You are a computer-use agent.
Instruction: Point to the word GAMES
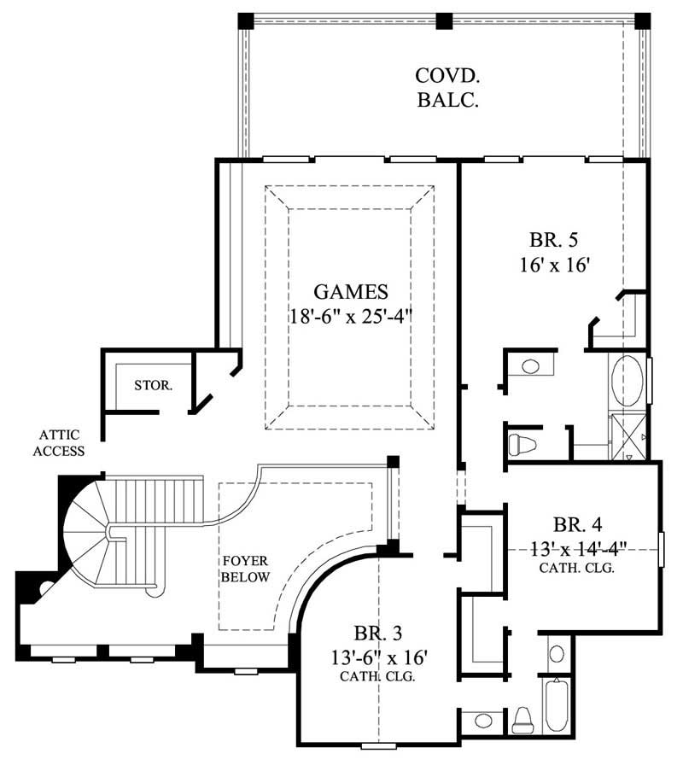(350, 292)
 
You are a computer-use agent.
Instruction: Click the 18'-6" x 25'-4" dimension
(350, 317)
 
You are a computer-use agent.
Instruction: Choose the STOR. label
(154, 385)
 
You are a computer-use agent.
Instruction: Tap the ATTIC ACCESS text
(59, 442)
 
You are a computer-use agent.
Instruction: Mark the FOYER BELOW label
(246, 569)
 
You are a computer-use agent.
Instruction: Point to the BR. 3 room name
(377, 634)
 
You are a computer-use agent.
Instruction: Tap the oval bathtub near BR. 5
(628, 382)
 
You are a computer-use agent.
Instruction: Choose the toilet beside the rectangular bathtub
(522, 719)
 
